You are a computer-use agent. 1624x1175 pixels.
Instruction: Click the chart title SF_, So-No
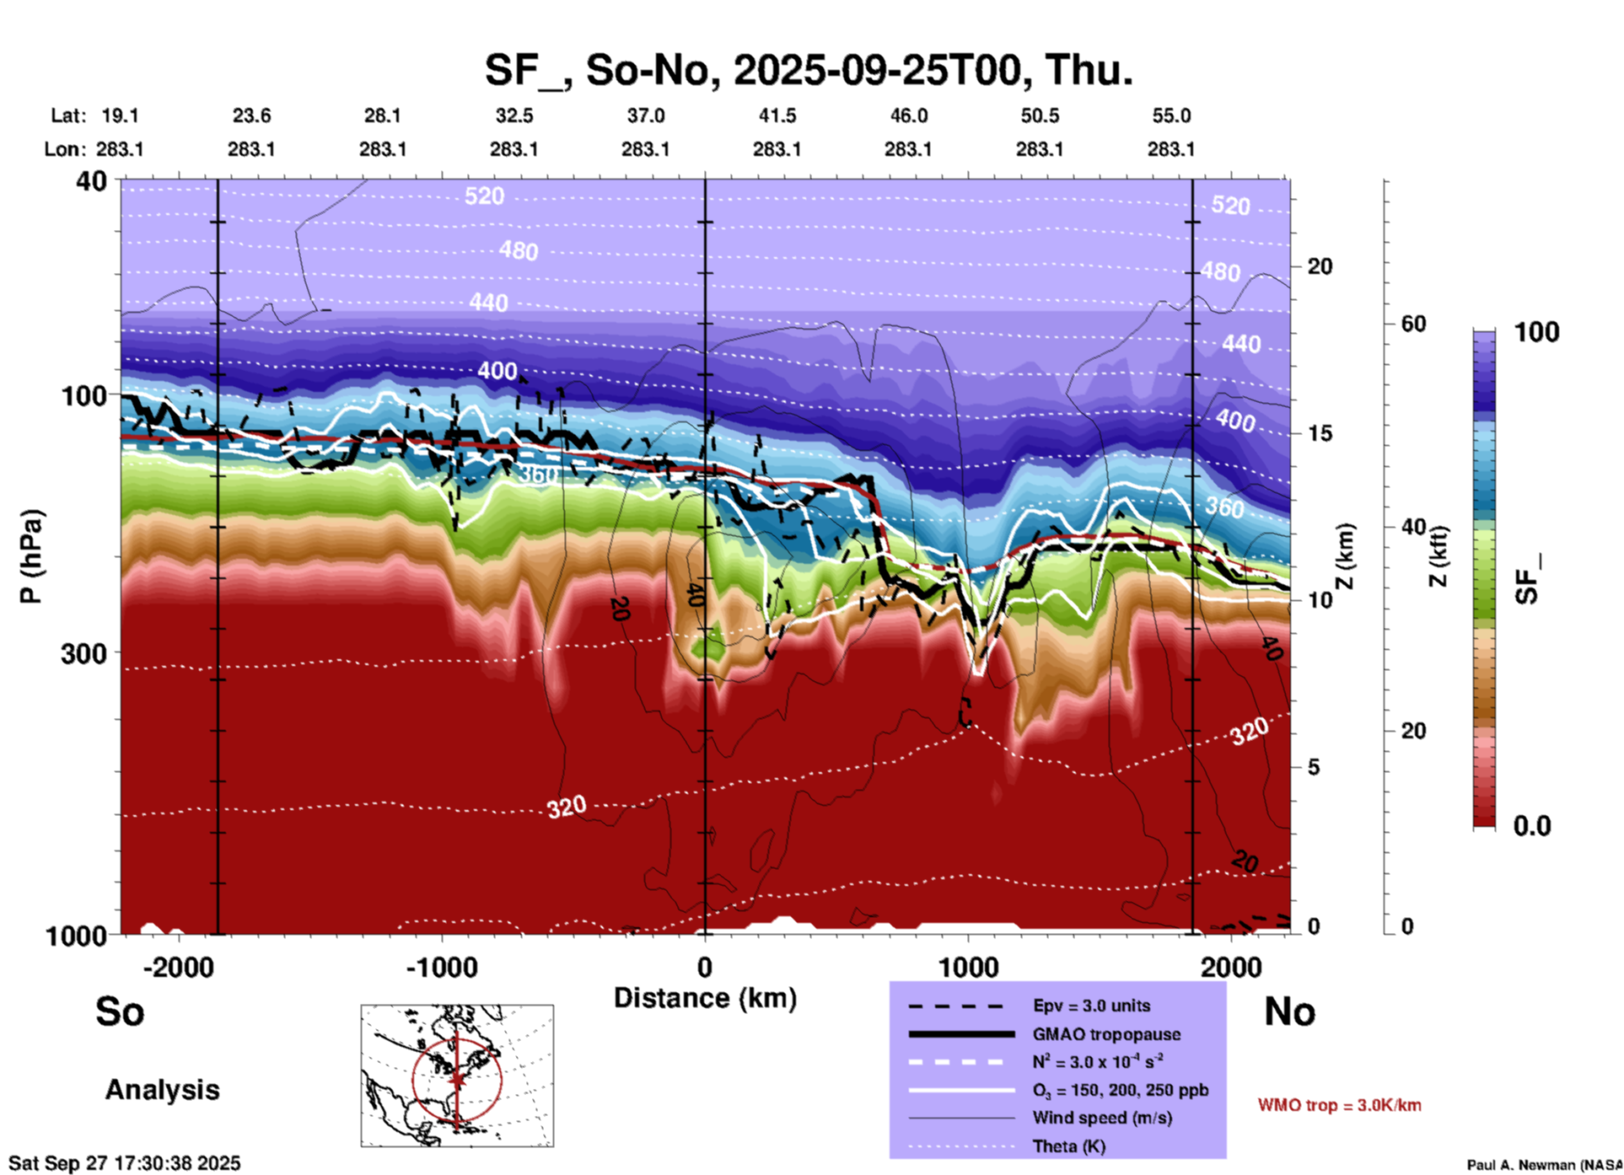click(808, 70)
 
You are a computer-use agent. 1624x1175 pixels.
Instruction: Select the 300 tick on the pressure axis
click(83, 653)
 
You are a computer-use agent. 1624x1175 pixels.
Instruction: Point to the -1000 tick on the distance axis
click(441, 968)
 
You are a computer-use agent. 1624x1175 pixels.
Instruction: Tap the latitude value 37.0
click(645, 115)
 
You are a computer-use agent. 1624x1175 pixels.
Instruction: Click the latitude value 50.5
click(1039, 115)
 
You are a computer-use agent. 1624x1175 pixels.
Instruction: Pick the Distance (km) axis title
click(705, 998)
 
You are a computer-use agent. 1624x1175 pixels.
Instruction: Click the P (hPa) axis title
click(31, 556)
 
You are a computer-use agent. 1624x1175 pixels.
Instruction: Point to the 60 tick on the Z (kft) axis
click(1413, 324)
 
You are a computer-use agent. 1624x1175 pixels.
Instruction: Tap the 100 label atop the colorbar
click(1536, 332)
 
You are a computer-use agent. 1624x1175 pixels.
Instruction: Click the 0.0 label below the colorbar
click(1532, 826)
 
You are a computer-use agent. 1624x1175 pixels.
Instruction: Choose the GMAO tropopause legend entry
click(1106, 1034)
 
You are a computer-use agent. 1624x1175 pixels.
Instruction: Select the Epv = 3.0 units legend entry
click(1091, 1006)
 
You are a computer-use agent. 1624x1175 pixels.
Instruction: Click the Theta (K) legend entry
click(1069, 1146)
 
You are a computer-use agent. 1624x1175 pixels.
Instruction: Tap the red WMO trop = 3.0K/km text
click(1339, 1105)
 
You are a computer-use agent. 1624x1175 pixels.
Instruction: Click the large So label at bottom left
click(120, 1011)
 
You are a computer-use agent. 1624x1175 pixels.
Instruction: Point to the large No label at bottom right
click(1289, 1011)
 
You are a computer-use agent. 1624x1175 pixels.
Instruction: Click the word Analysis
click(162, 1090)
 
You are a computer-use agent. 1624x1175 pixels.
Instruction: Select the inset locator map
click(457, 1076)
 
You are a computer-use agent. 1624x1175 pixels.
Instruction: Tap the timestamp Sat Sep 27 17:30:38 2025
click(125, 1163)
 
